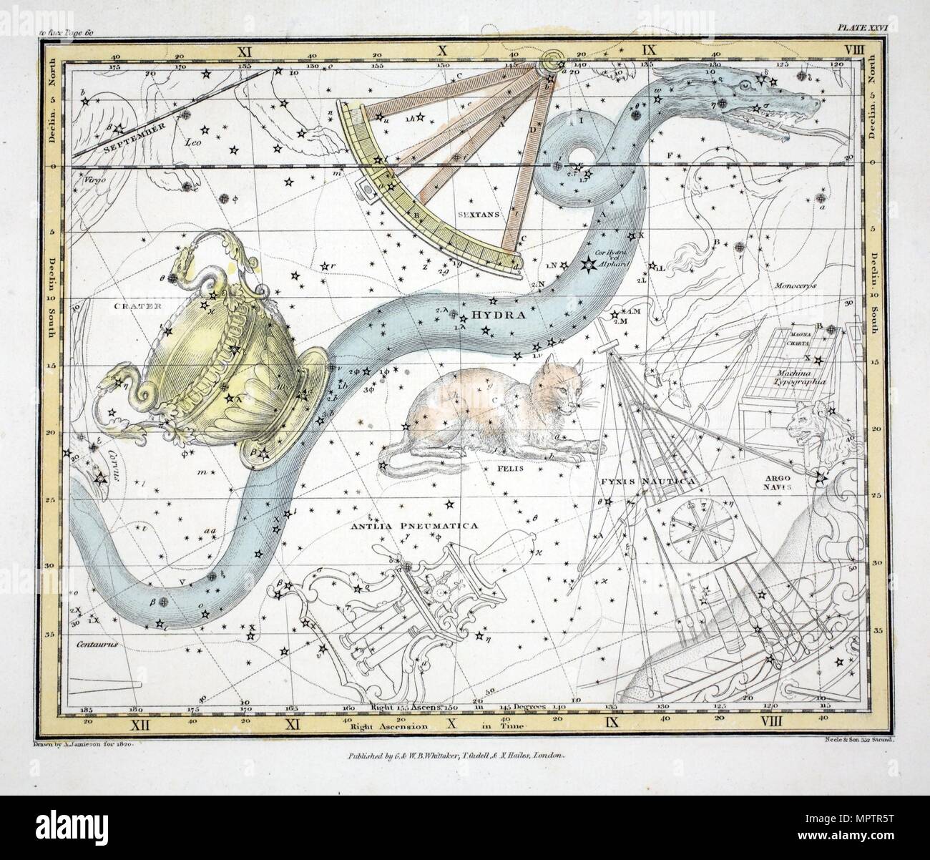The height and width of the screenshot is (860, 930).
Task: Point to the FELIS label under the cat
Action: (x=509, y=468)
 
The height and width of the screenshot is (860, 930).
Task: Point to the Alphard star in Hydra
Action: (x=588, y=266)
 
